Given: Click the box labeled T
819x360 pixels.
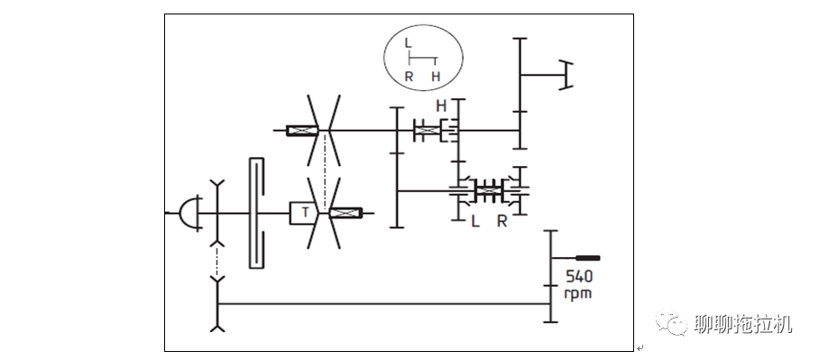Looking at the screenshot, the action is point(305,213).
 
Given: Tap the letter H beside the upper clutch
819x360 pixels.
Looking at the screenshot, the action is point(441,106).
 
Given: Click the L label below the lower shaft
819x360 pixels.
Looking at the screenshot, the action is point(474,222).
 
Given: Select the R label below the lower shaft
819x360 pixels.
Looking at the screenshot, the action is point(502,222).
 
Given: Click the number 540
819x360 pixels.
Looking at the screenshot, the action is point(579,276).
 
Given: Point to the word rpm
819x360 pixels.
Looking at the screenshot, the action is point(578,293).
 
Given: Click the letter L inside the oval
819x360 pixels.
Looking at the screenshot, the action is point(408,42).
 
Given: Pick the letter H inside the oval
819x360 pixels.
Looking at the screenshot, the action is point(436,77).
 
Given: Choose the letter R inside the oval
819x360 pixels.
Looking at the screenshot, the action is point(409,77).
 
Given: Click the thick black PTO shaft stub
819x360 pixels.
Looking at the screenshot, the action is point(587,257).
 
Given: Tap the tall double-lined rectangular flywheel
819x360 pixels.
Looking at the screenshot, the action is point(257,213).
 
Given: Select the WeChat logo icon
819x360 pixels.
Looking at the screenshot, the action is point(671,322).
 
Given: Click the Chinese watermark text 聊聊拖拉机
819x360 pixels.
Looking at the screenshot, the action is point(743,324).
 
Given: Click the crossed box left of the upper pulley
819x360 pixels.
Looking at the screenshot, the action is point(302,130).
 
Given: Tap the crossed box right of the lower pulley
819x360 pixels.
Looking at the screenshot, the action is point(345,213).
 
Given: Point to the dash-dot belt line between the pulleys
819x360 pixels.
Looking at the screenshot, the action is point(325,171).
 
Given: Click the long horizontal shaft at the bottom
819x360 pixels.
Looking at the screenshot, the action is point(384,303).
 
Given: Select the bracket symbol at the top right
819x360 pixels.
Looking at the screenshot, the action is point(566,75).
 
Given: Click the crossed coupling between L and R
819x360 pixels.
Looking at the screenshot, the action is point(488,191).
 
